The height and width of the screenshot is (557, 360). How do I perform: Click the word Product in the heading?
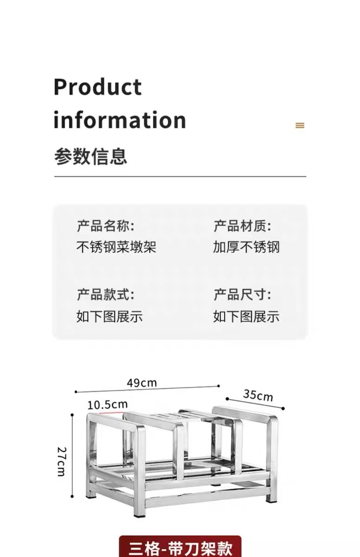tap(97, 88)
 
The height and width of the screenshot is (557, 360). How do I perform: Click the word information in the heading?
tap(120, 120)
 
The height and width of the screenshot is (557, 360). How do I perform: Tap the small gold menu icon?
tap(300, 125)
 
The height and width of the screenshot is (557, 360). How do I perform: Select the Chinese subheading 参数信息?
tap(90, 156)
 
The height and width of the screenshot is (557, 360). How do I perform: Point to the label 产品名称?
tap(105, 227)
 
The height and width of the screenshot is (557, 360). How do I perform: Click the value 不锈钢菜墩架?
tap(116, 247)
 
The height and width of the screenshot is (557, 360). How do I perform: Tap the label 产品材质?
tap(242, 227)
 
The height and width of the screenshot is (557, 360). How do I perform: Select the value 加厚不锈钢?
tap(246, 247)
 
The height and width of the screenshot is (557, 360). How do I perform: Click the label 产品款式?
tap(105, 294)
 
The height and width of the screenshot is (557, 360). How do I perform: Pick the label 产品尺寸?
tap(242, 294)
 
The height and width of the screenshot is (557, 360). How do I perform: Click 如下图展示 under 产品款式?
tap(109, 317)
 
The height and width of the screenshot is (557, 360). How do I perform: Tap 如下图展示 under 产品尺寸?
tap(246, 317)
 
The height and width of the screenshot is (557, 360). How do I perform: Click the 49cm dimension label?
tap(142, 383)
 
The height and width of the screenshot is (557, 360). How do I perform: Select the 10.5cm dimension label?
tap(107, 404)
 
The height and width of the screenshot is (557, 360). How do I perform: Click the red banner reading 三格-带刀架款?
tap(180, 547)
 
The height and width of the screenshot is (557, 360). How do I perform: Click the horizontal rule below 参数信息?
tap(180, 176)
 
